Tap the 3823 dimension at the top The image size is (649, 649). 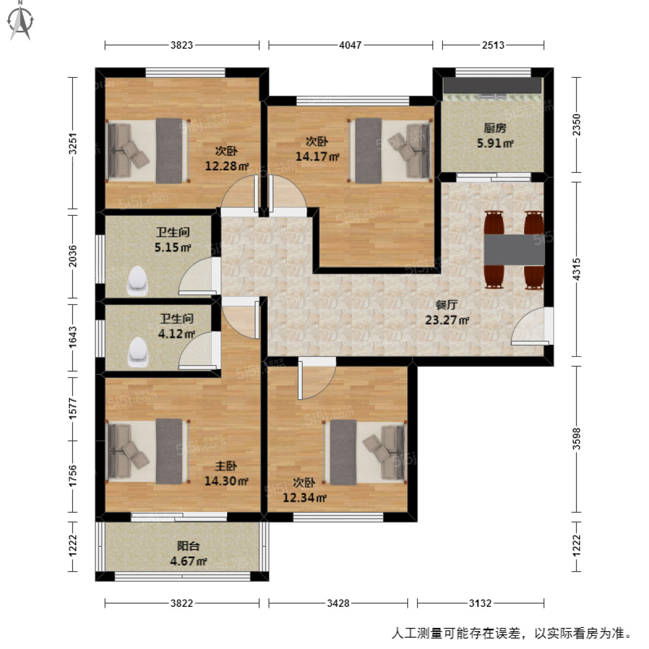[x=182, y=45]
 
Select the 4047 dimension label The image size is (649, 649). [x=350, y=45]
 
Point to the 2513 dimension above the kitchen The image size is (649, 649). [x=493, y=45]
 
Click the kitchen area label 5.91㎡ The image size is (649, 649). [x=495, y=143]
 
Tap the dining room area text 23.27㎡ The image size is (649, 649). [x=447, y=320]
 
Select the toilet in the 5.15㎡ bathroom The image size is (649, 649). [x=137, y=281]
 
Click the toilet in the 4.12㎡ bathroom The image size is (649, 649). [x=138, y=352]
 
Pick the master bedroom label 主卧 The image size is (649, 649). [x=226, y=466]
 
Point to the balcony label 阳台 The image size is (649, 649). [x=188, y=546]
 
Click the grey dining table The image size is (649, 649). [x=514, y=249]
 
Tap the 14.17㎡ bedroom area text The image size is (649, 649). [x=317, y=157]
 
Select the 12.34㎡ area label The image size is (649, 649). [x=304, y=498]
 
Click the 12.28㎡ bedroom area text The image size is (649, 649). [x=227, y=166]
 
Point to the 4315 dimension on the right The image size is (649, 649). [x=577, y=269]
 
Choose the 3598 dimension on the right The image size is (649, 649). [x=577, y=439]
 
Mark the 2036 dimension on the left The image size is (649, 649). [x=73, y=256]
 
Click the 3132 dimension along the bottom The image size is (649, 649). [x=480, y=603]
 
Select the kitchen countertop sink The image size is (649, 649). [x=492, y=96]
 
